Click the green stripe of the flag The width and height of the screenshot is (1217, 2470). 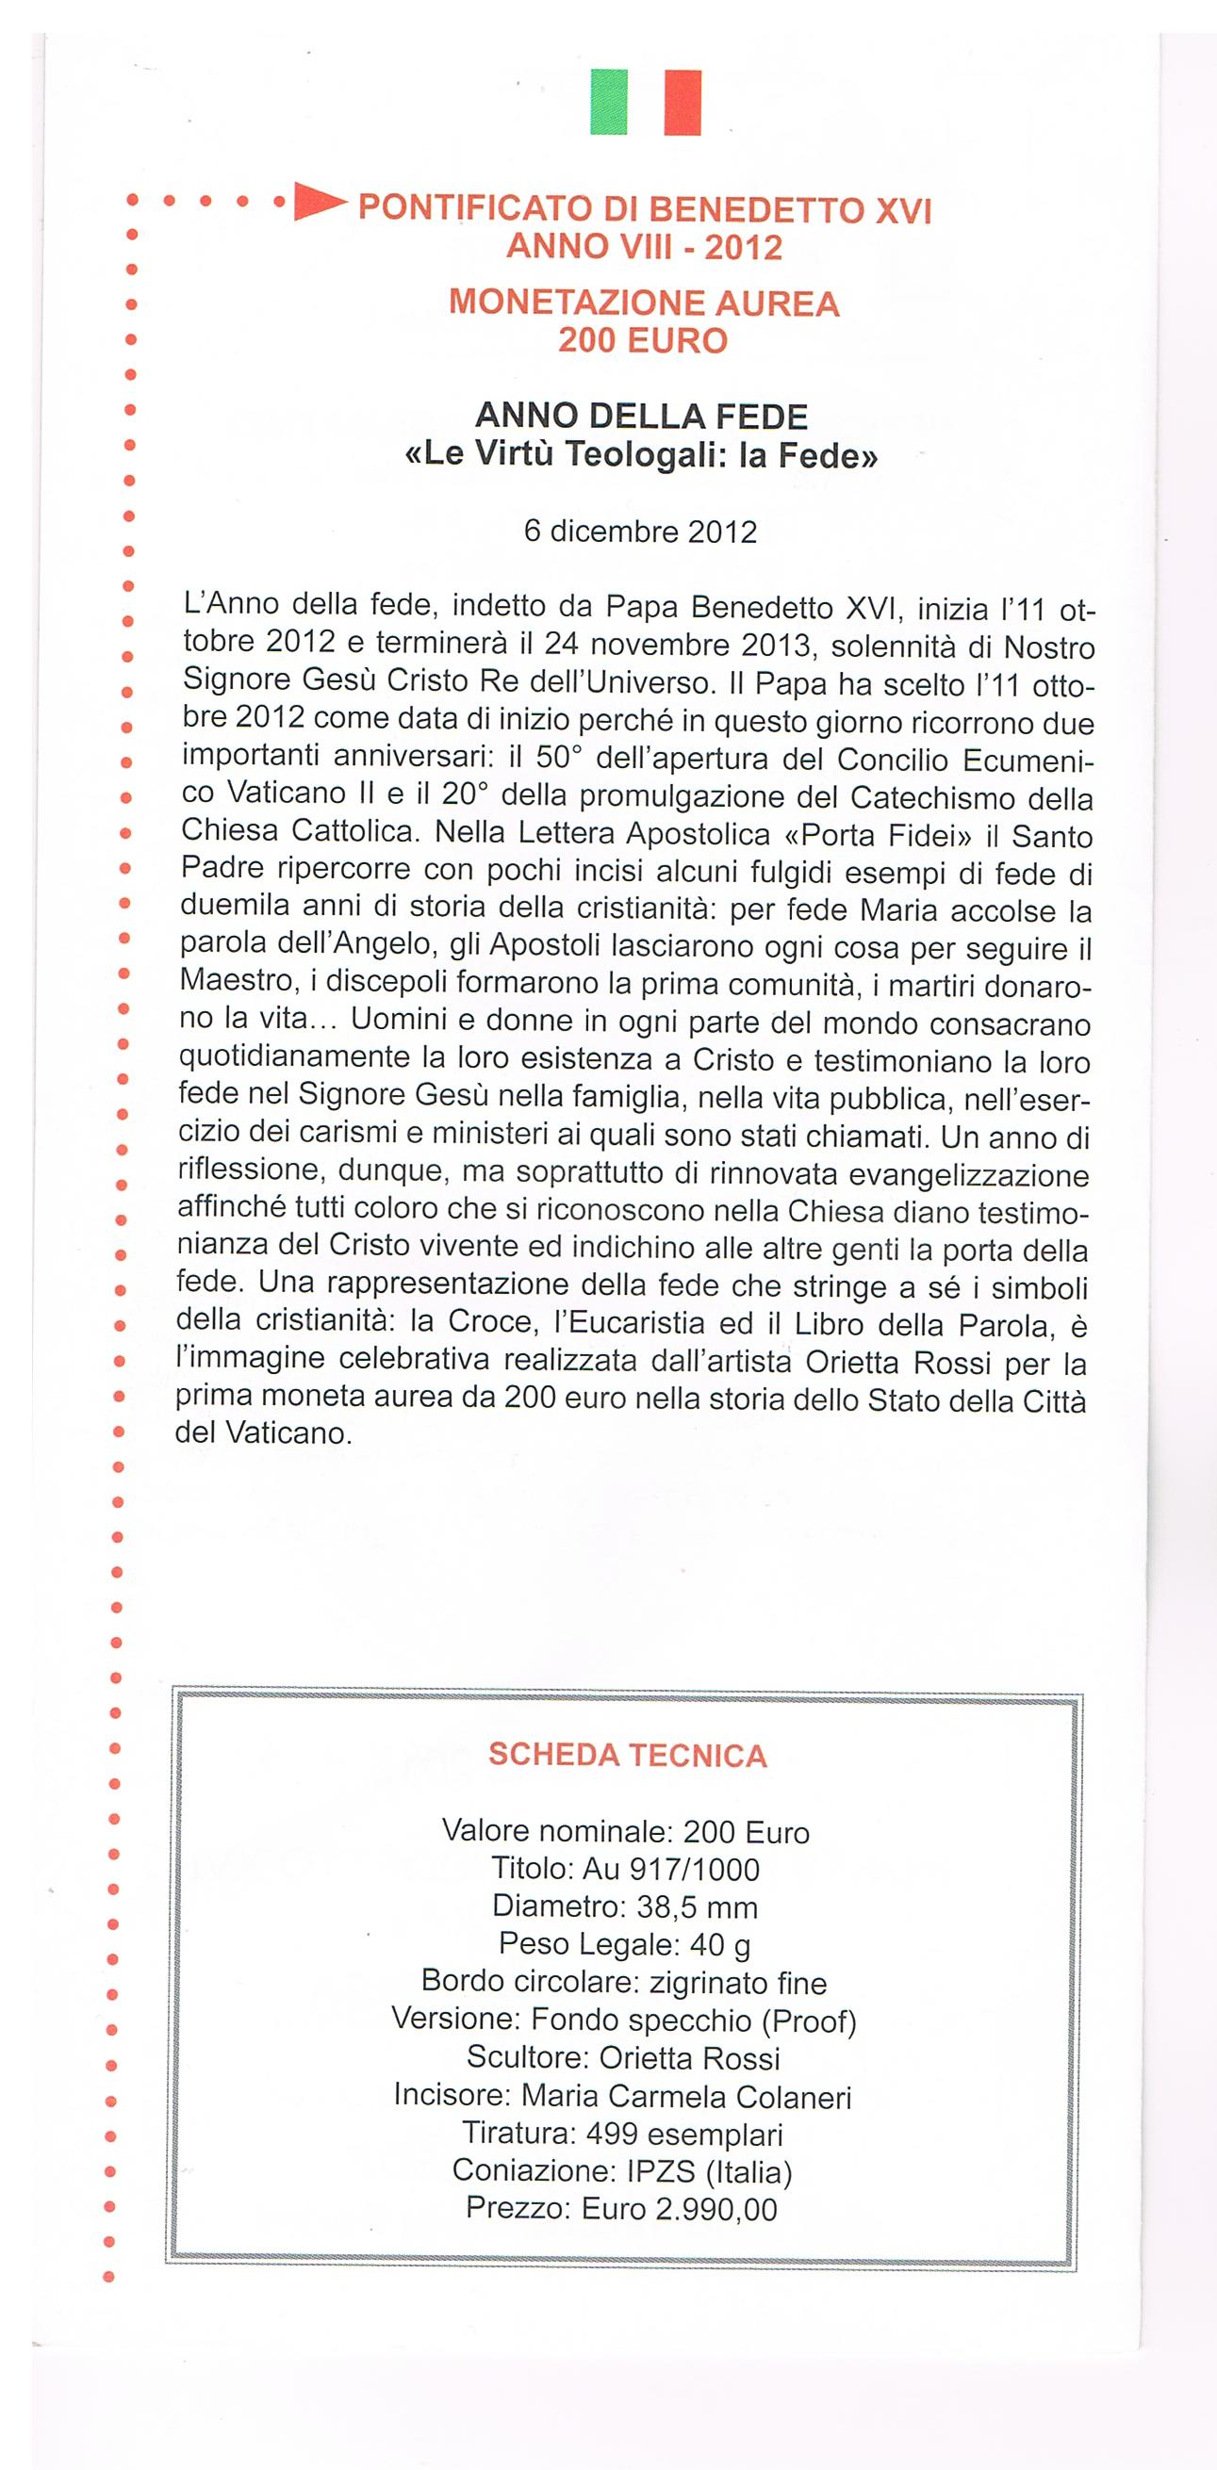pyautogui.click(x=608, y=102)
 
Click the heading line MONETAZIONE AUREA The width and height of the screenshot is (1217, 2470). pyautogui.click(x=644, y=304)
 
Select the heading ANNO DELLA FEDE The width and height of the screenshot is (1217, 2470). pyautogui.click(x=642, y=417)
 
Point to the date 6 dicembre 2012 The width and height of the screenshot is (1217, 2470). pyautogui.click(x=641, y=532)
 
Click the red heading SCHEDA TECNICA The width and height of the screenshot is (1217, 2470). pyautogui.click(x=627, y=1756)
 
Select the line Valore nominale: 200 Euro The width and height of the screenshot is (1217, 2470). pyautogui.click(x=625, y=1832)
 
